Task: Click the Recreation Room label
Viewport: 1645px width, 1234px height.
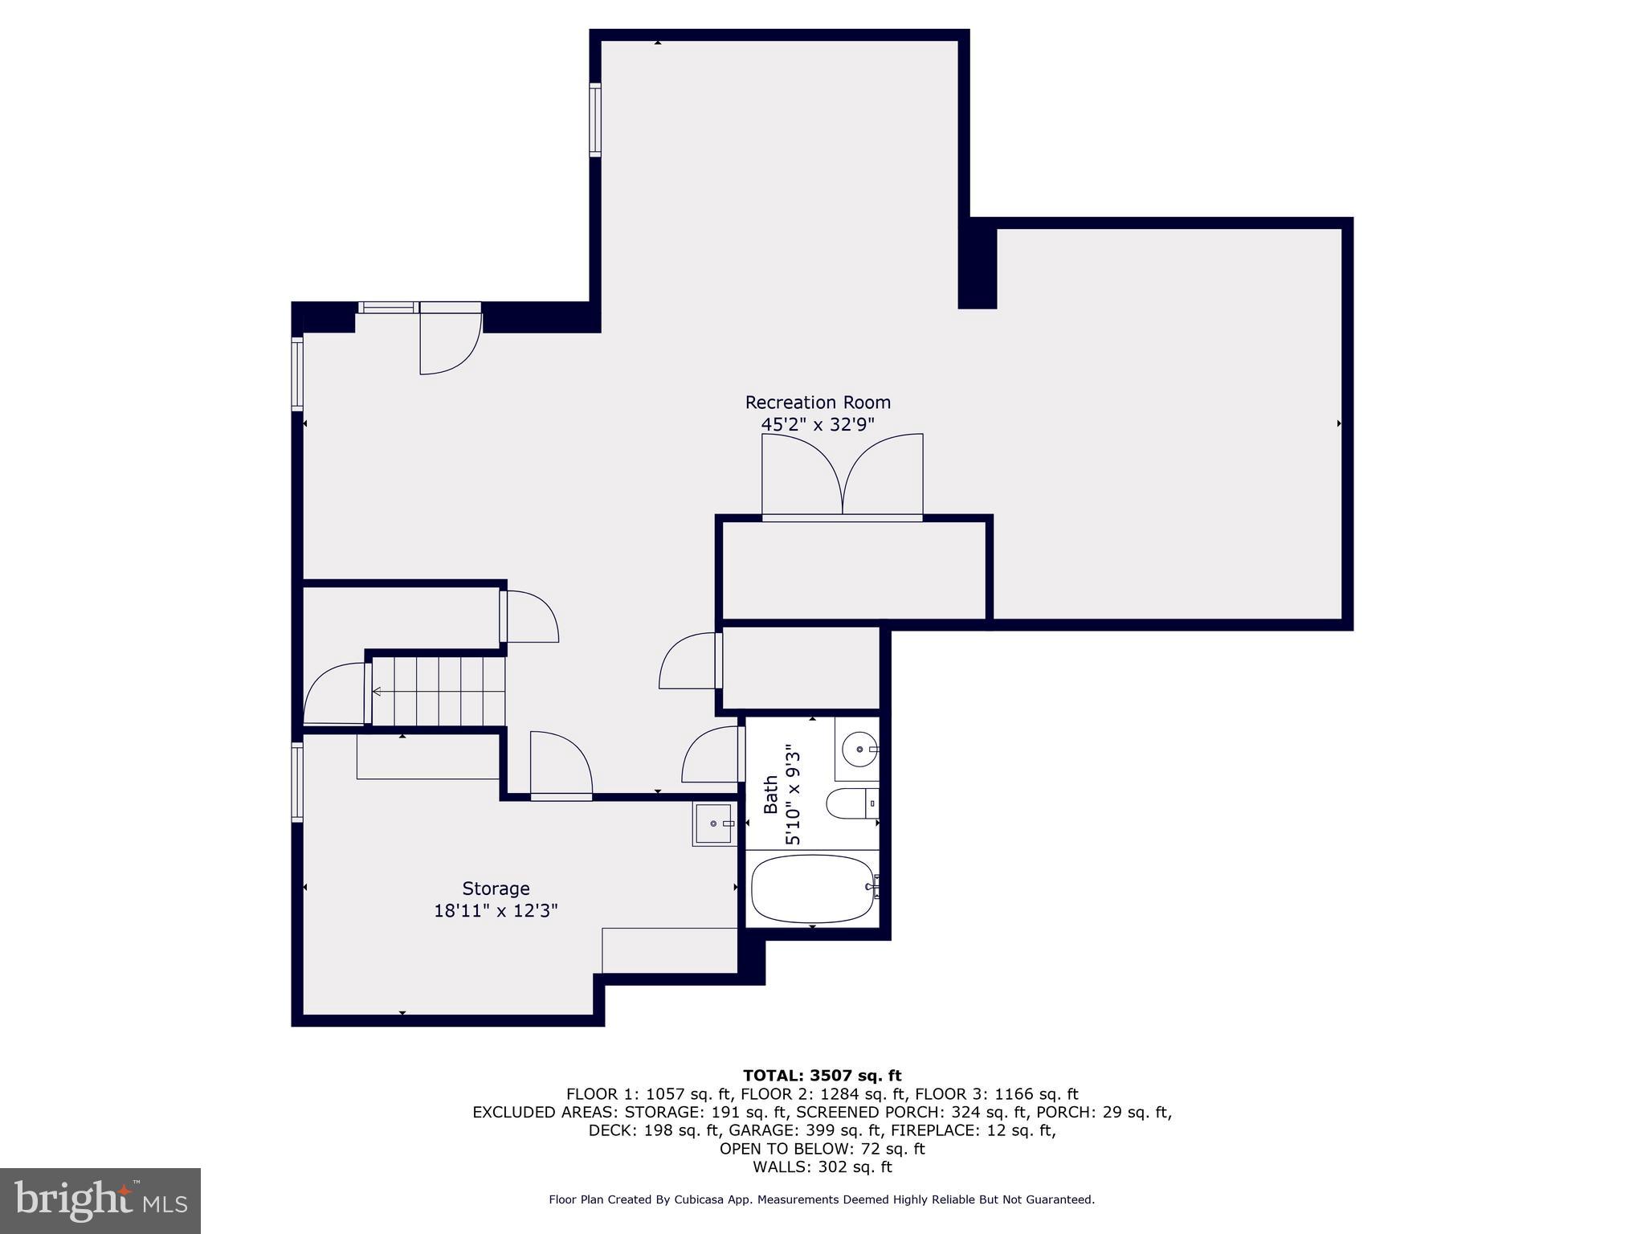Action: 818,402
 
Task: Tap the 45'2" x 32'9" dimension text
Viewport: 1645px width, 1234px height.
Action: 818,424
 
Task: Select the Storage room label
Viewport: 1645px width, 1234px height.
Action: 496,889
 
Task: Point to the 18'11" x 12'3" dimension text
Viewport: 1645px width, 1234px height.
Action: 496,911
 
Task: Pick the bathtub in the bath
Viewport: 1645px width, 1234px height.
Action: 813,889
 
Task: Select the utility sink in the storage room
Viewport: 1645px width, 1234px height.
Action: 713,824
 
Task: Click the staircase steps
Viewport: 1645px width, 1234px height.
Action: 438,691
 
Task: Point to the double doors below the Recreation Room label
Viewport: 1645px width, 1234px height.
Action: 842,476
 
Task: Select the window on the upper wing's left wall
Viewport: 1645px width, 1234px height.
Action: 595,119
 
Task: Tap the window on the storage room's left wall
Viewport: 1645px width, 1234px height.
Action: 297,782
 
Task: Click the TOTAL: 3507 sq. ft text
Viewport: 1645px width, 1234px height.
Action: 822,1076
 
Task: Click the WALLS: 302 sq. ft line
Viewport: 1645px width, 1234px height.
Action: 822,1167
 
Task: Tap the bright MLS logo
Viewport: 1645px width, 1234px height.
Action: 100,1201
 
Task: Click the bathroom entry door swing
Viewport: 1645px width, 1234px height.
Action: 711,755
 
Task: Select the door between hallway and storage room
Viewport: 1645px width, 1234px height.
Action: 561,765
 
